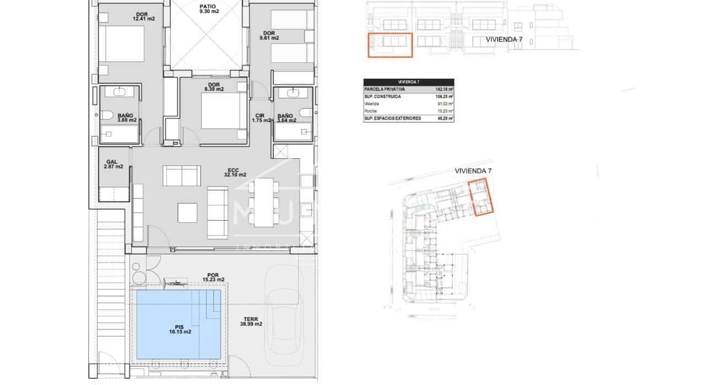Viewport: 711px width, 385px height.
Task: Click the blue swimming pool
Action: tap(178, 324)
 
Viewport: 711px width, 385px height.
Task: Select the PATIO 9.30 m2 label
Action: tap(208, 8)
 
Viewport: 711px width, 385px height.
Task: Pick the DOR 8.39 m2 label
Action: tap(214, 87)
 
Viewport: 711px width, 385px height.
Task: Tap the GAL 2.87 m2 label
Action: tap(113, 164)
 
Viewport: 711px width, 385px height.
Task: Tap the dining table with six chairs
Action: tap(264, 202)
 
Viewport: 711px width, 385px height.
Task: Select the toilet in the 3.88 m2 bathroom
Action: tap(106, 115)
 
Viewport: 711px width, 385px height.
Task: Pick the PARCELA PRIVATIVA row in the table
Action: tap(408, 88)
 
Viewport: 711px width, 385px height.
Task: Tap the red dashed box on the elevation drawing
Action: tap(390, 45)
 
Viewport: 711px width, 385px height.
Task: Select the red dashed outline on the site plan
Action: tap(481, 198)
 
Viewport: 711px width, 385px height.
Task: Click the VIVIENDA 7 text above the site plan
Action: tap(473, 171)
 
